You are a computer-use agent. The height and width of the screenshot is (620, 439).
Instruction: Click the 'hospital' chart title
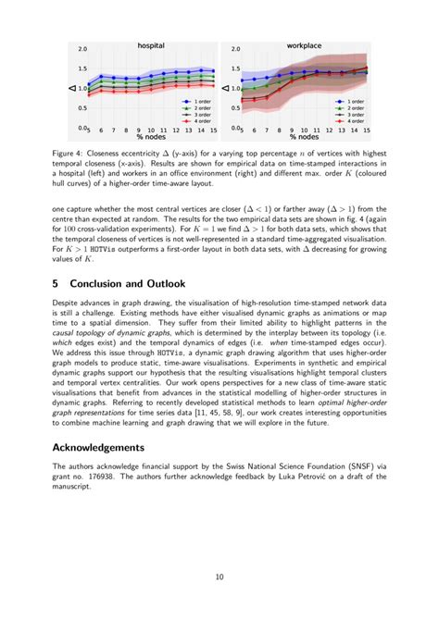point(151,44)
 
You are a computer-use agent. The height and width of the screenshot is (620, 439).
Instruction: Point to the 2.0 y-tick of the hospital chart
point(82,49)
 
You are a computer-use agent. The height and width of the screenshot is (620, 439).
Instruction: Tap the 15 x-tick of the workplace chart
point(368,130)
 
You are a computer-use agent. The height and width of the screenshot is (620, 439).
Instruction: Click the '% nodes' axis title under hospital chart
point(151,137)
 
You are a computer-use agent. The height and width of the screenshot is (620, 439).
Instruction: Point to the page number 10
point(219,577)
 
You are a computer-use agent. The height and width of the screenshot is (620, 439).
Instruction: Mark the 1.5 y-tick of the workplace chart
point(235,69)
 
